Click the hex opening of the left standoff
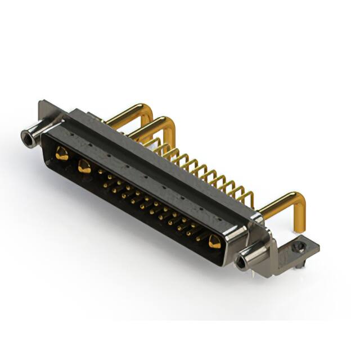coord(26,136)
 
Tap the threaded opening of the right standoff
coord(243,261)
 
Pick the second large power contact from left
coord(84,165)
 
